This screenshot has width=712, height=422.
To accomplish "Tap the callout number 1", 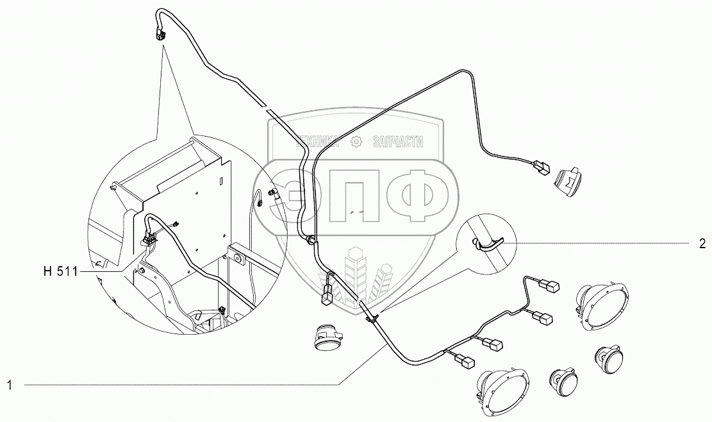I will click(10, 385).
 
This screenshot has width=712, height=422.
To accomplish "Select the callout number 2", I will click(702, 244).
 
